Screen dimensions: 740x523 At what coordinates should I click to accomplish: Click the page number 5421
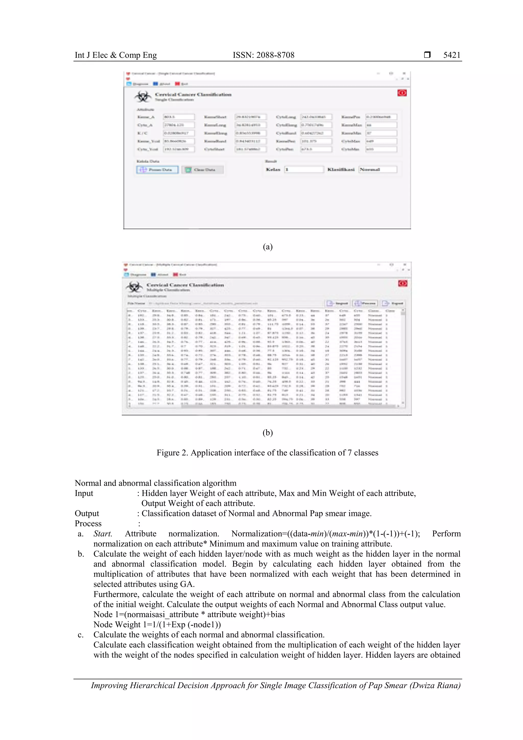451,55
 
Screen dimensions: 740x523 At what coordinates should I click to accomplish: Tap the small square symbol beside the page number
427,55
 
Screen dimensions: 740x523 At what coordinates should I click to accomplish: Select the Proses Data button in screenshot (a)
157,170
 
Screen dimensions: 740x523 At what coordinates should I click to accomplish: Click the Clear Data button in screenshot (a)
202,170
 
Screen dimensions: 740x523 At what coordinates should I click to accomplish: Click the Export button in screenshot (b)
393,303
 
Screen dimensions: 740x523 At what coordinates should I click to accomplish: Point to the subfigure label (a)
267,247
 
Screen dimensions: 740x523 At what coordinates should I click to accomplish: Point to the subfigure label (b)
267,432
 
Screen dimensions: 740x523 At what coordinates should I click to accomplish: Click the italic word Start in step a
102,534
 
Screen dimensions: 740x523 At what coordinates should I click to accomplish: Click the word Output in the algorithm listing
87,513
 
